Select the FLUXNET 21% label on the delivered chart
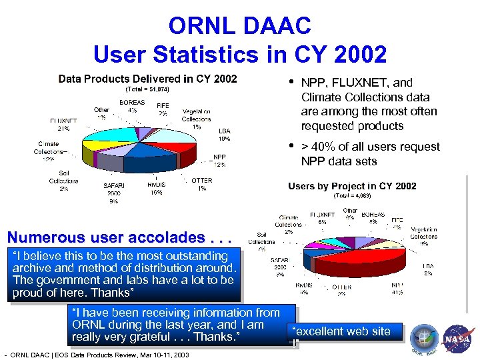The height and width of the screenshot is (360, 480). [63, 125]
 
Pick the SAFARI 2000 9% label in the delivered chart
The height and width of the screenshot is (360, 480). [114, 193]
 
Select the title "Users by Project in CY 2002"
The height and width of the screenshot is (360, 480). [352, 186]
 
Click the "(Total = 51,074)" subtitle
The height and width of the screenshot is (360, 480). [147, 89]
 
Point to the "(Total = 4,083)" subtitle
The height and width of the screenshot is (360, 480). [352, 196]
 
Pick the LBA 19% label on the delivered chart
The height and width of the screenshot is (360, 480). [225, 135]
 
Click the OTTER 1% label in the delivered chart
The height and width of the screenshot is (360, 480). [202, 184]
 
